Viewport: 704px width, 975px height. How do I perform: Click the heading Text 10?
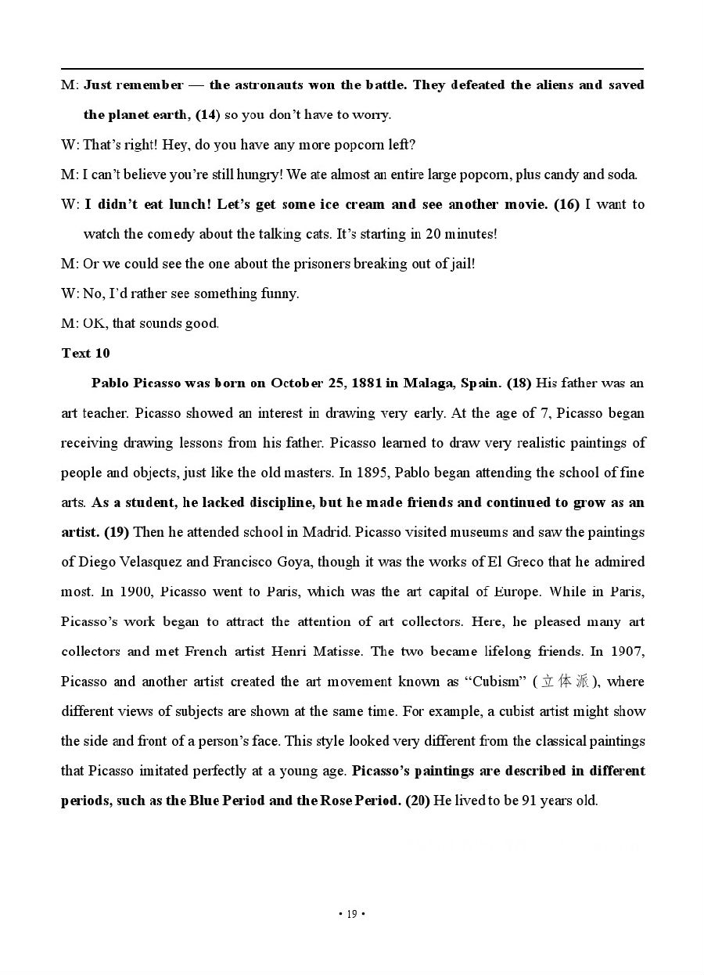85,353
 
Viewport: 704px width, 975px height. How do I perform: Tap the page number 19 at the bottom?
352,914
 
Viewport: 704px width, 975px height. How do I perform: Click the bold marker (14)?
207,114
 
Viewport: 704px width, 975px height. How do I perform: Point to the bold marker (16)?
566,204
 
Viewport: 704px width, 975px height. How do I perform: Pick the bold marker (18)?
519,383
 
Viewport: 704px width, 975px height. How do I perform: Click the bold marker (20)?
418,801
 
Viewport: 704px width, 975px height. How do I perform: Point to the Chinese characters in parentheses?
563,682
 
